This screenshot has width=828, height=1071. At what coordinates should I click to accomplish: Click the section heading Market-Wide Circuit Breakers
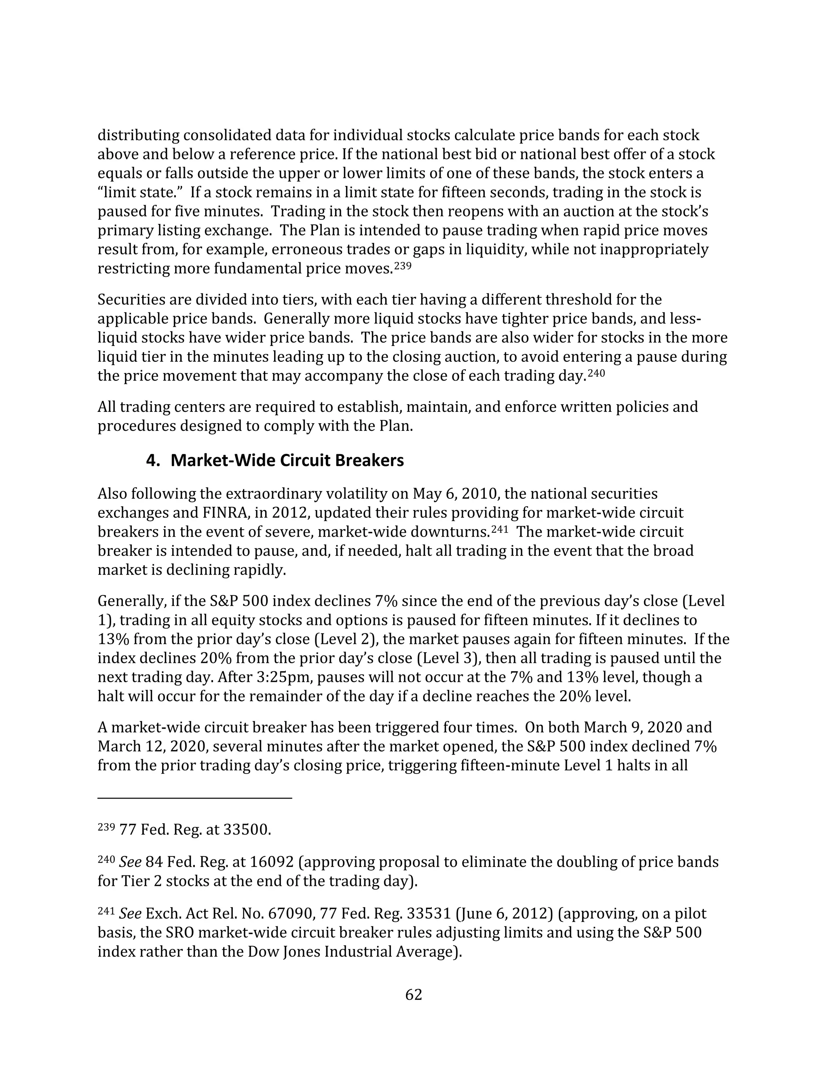[287, 460]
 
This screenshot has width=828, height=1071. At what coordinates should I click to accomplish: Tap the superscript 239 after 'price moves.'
[402, 266]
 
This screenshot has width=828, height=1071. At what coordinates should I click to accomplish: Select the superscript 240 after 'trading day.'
[596, 373]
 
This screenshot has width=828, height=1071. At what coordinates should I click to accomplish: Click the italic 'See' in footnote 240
[130, 862]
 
